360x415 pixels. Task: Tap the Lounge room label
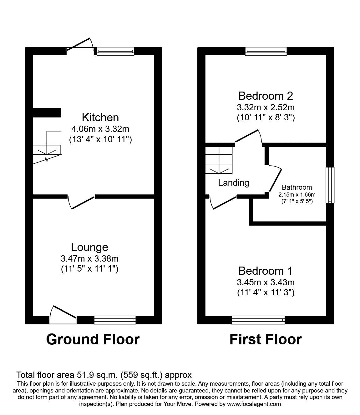[x=89, y=247]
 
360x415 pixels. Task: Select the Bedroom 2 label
[x=266, y=96]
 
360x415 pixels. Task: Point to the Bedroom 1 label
[x=266, y=271]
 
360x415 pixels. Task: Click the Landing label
[x=233, y=183]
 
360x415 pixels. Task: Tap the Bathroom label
[x=297, y=187]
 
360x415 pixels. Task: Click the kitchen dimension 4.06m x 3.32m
[x=100, y=128]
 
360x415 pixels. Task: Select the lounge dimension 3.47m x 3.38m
[x=89, y=258]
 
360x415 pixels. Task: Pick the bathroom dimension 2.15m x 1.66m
[x=297, y=194]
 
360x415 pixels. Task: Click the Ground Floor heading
[x=93, y=339]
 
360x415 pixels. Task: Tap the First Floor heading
[x=266, y=339]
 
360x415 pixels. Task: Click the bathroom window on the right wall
[x=330, y=185]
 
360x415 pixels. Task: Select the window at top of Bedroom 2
[x=266, y=51]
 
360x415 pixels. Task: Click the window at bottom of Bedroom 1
[x=258, y=320]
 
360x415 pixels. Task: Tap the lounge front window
[x=115, y=320]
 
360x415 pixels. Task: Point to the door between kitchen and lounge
[x=81, y=202]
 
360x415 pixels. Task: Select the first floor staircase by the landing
[x=219, y=160]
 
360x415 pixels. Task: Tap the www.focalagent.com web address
[x=254, y=404]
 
